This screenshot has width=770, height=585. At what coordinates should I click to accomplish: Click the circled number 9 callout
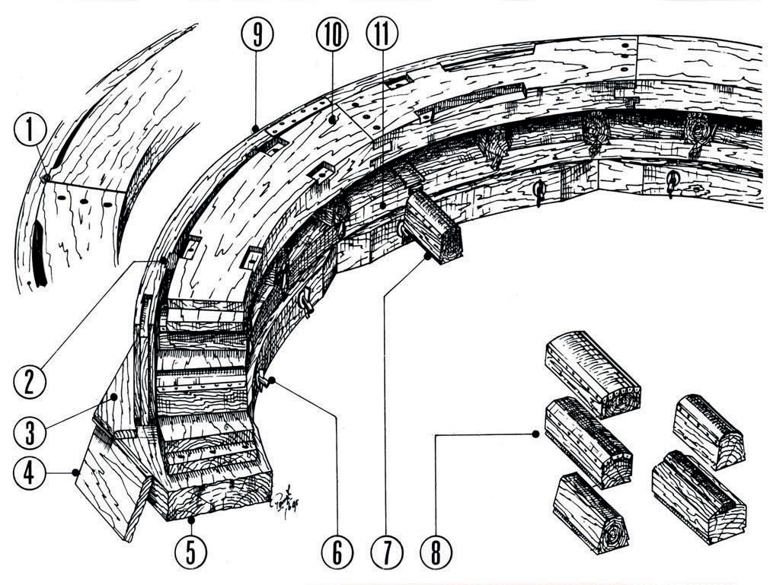point(257,34)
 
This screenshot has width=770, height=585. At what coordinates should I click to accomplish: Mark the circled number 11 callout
point(381,34)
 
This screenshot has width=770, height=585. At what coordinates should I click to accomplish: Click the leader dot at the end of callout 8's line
point(536,434)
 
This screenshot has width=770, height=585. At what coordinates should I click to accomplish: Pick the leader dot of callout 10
point(333,119)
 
